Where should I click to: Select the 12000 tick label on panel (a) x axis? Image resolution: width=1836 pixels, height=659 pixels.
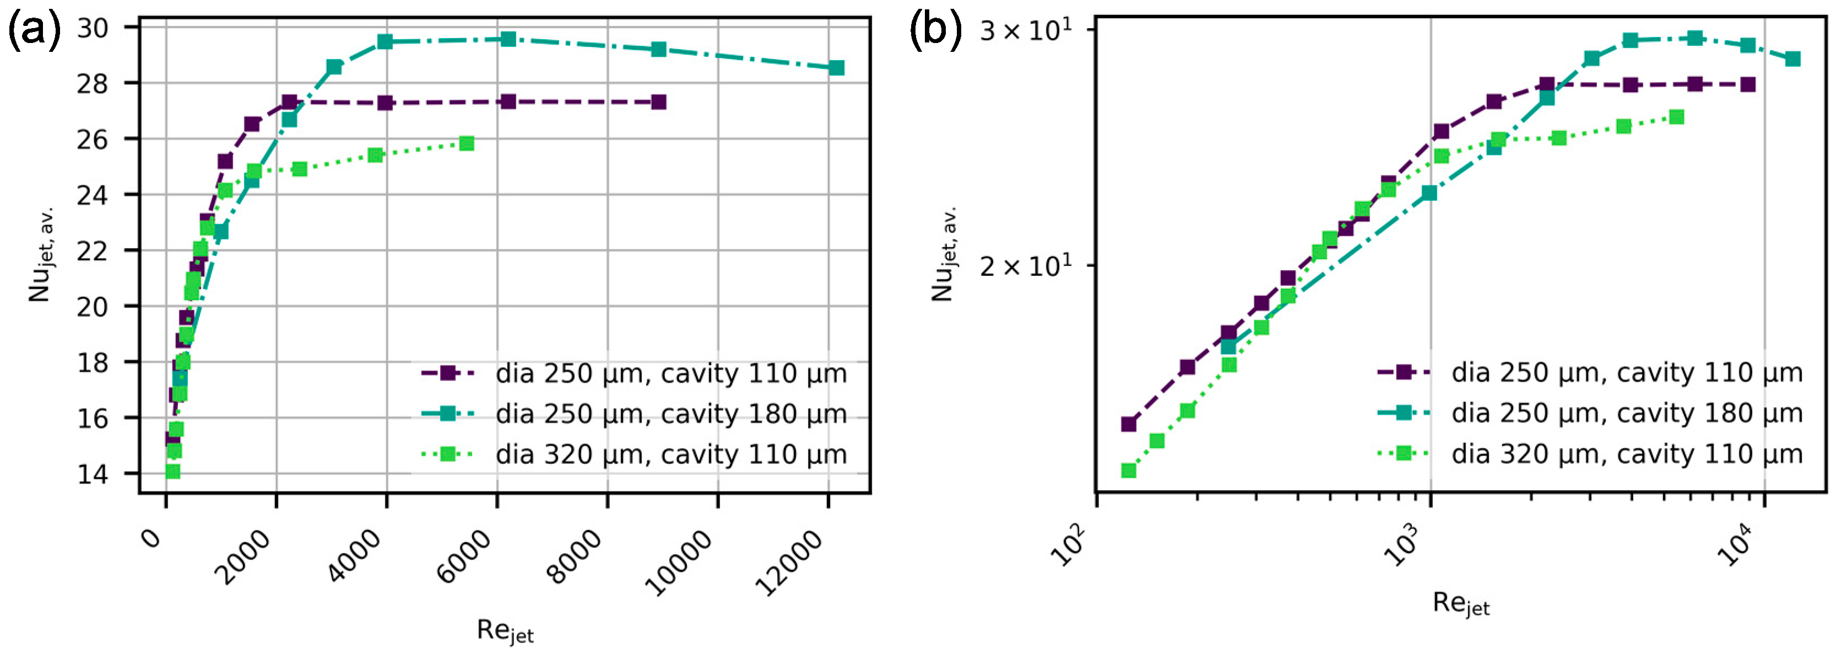[791, 564]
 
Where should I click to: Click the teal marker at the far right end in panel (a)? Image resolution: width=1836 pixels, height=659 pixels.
[837, 68]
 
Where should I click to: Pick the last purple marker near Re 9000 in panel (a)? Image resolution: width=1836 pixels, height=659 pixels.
[659, 102]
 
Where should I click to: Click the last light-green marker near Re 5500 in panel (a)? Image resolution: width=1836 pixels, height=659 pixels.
[467, 143]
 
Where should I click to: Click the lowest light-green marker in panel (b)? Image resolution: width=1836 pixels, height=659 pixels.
[1128, 470]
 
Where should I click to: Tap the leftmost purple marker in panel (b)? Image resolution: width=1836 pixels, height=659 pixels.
[1128, 425]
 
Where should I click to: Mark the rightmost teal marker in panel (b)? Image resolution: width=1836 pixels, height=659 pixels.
[1792, 58]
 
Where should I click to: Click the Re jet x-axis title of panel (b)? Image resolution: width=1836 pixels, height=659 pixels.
[1460, 604]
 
